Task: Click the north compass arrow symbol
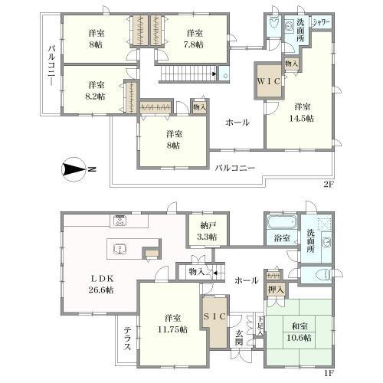click(74, 169)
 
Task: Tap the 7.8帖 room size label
click(193, 39)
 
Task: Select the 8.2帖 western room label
click(95, 90)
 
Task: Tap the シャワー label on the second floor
click(320, 23)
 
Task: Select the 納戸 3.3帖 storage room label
click(205, 231)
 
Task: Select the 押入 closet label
click(276, 290)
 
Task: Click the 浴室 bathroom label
click(282, 238)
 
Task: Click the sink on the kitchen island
click(119, 248)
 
